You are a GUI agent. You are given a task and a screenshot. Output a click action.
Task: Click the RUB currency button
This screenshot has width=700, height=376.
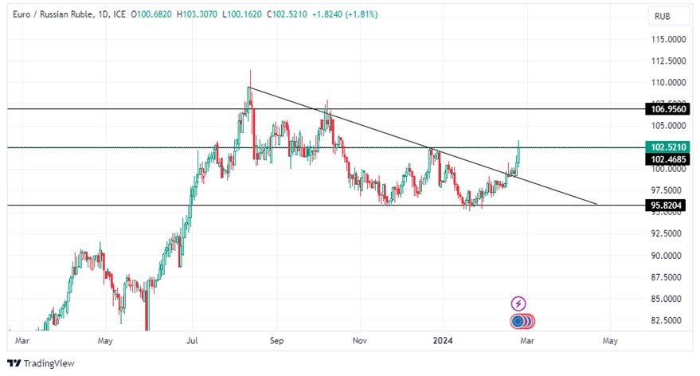tap(661, 16)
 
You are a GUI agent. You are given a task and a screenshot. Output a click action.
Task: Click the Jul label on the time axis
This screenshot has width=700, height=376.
tap(192, 341)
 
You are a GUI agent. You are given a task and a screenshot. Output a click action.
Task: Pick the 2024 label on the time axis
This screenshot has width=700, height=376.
tap(444, 341)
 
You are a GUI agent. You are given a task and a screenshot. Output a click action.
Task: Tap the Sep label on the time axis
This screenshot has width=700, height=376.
tap(276, 341)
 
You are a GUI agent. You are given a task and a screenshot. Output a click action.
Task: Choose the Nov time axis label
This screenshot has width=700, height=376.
tap(359, 341)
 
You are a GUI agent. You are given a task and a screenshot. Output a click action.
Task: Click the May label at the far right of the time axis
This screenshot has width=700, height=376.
tap(610, 341)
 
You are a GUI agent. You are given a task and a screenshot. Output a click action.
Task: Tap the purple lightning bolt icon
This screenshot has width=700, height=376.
tap(518, 304)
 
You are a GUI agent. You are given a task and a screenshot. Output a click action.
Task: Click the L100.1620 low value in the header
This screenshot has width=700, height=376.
tap(254, 14)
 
